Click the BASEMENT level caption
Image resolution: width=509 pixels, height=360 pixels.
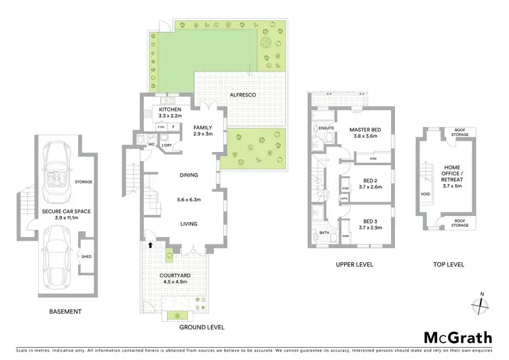(66, 312)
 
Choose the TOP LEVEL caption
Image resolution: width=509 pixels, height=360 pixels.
(448, 264)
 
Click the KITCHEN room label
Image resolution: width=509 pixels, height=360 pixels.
(170, 109)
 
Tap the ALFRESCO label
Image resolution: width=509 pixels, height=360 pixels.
(242, 96)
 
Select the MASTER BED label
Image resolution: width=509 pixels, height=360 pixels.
(366, 129)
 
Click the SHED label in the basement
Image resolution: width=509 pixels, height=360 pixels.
(87, 256)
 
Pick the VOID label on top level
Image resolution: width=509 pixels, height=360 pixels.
(425, 194)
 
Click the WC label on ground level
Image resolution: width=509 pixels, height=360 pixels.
(151, 144)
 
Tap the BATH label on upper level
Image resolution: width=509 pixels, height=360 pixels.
(323, 232)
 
